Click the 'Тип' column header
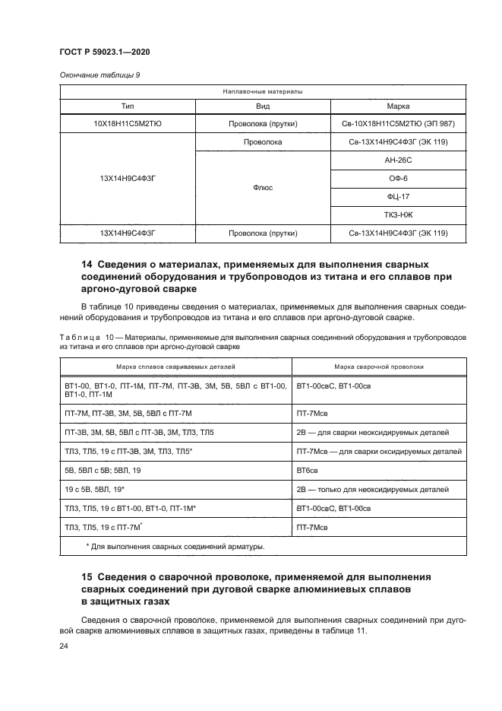point(127,106)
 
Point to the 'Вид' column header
point(263,106)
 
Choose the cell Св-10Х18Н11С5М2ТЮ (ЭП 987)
point(398,123)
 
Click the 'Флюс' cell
point(263,187)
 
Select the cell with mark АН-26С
point(398,160)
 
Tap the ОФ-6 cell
point(398,178)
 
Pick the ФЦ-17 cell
point(398,196)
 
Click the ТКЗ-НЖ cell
point(398,214)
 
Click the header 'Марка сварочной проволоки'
point(379,367)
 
